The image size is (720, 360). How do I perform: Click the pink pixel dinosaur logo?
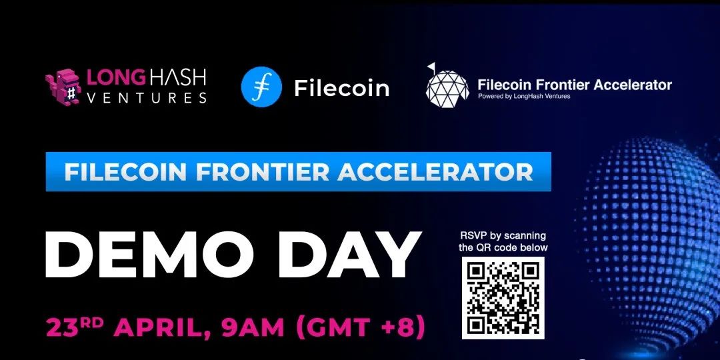click(63, 87)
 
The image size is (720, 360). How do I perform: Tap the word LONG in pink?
click(116, 77)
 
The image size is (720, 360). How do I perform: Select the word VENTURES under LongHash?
click(147, 98)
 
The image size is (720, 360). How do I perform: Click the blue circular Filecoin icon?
click(261, 87)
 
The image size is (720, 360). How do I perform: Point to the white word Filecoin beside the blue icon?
click(341, 88)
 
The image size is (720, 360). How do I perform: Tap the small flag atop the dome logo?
click(431, 67)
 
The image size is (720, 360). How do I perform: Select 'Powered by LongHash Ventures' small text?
click(524, 97)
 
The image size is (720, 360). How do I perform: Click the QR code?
click(503, 297)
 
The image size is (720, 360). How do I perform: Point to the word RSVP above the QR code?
click(473, 236)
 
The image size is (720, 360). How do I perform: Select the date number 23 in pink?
click(60, 327)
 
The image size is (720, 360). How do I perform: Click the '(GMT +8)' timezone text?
click(360, 327)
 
